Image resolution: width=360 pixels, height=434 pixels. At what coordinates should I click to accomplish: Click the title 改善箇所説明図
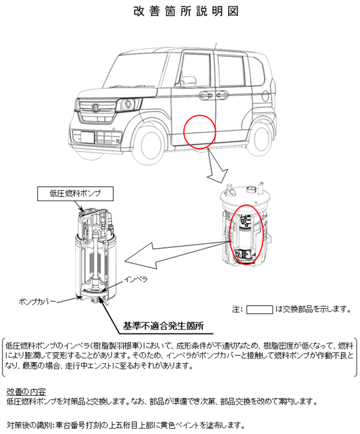pos(179,11)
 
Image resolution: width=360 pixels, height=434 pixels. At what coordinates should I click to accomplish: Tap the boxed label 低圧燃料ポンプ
pos(75,193)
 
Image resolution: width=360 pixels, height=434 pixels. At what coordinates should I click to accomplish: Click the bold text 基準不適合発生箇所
pos(163,326)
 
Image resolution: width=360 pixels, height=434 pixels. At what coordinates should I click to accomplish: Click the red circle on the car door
pos(199,130)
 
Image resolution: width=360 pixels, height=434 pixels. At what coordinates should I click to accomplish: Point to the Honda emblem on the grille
pos(96,108)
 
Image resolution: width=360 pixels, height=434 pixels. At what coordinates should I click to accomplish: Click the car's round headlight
pos(128,106)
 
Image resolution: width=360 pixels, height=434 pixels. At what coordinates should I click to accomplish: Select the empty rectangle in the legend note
pos(260,310)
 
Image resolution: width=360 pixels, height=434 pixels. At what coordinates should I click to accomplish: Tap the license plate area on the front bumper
pos(86,136)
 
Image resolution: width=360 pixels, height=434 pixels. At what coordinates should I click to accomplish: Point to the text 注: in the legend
pos(237,310)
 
